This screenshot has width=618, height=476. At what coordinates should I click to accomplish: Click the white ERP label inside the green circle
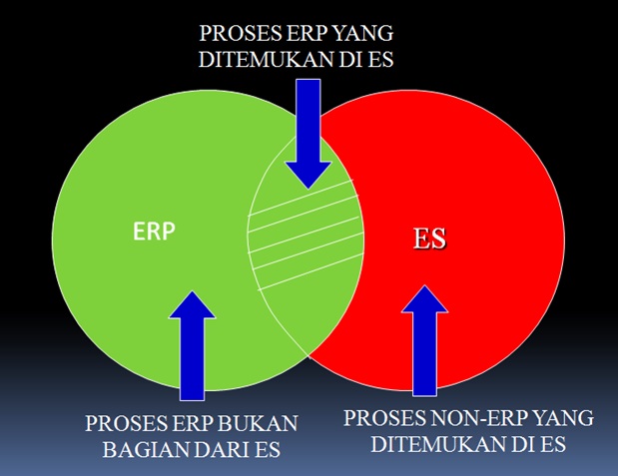tap(154, 232)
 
